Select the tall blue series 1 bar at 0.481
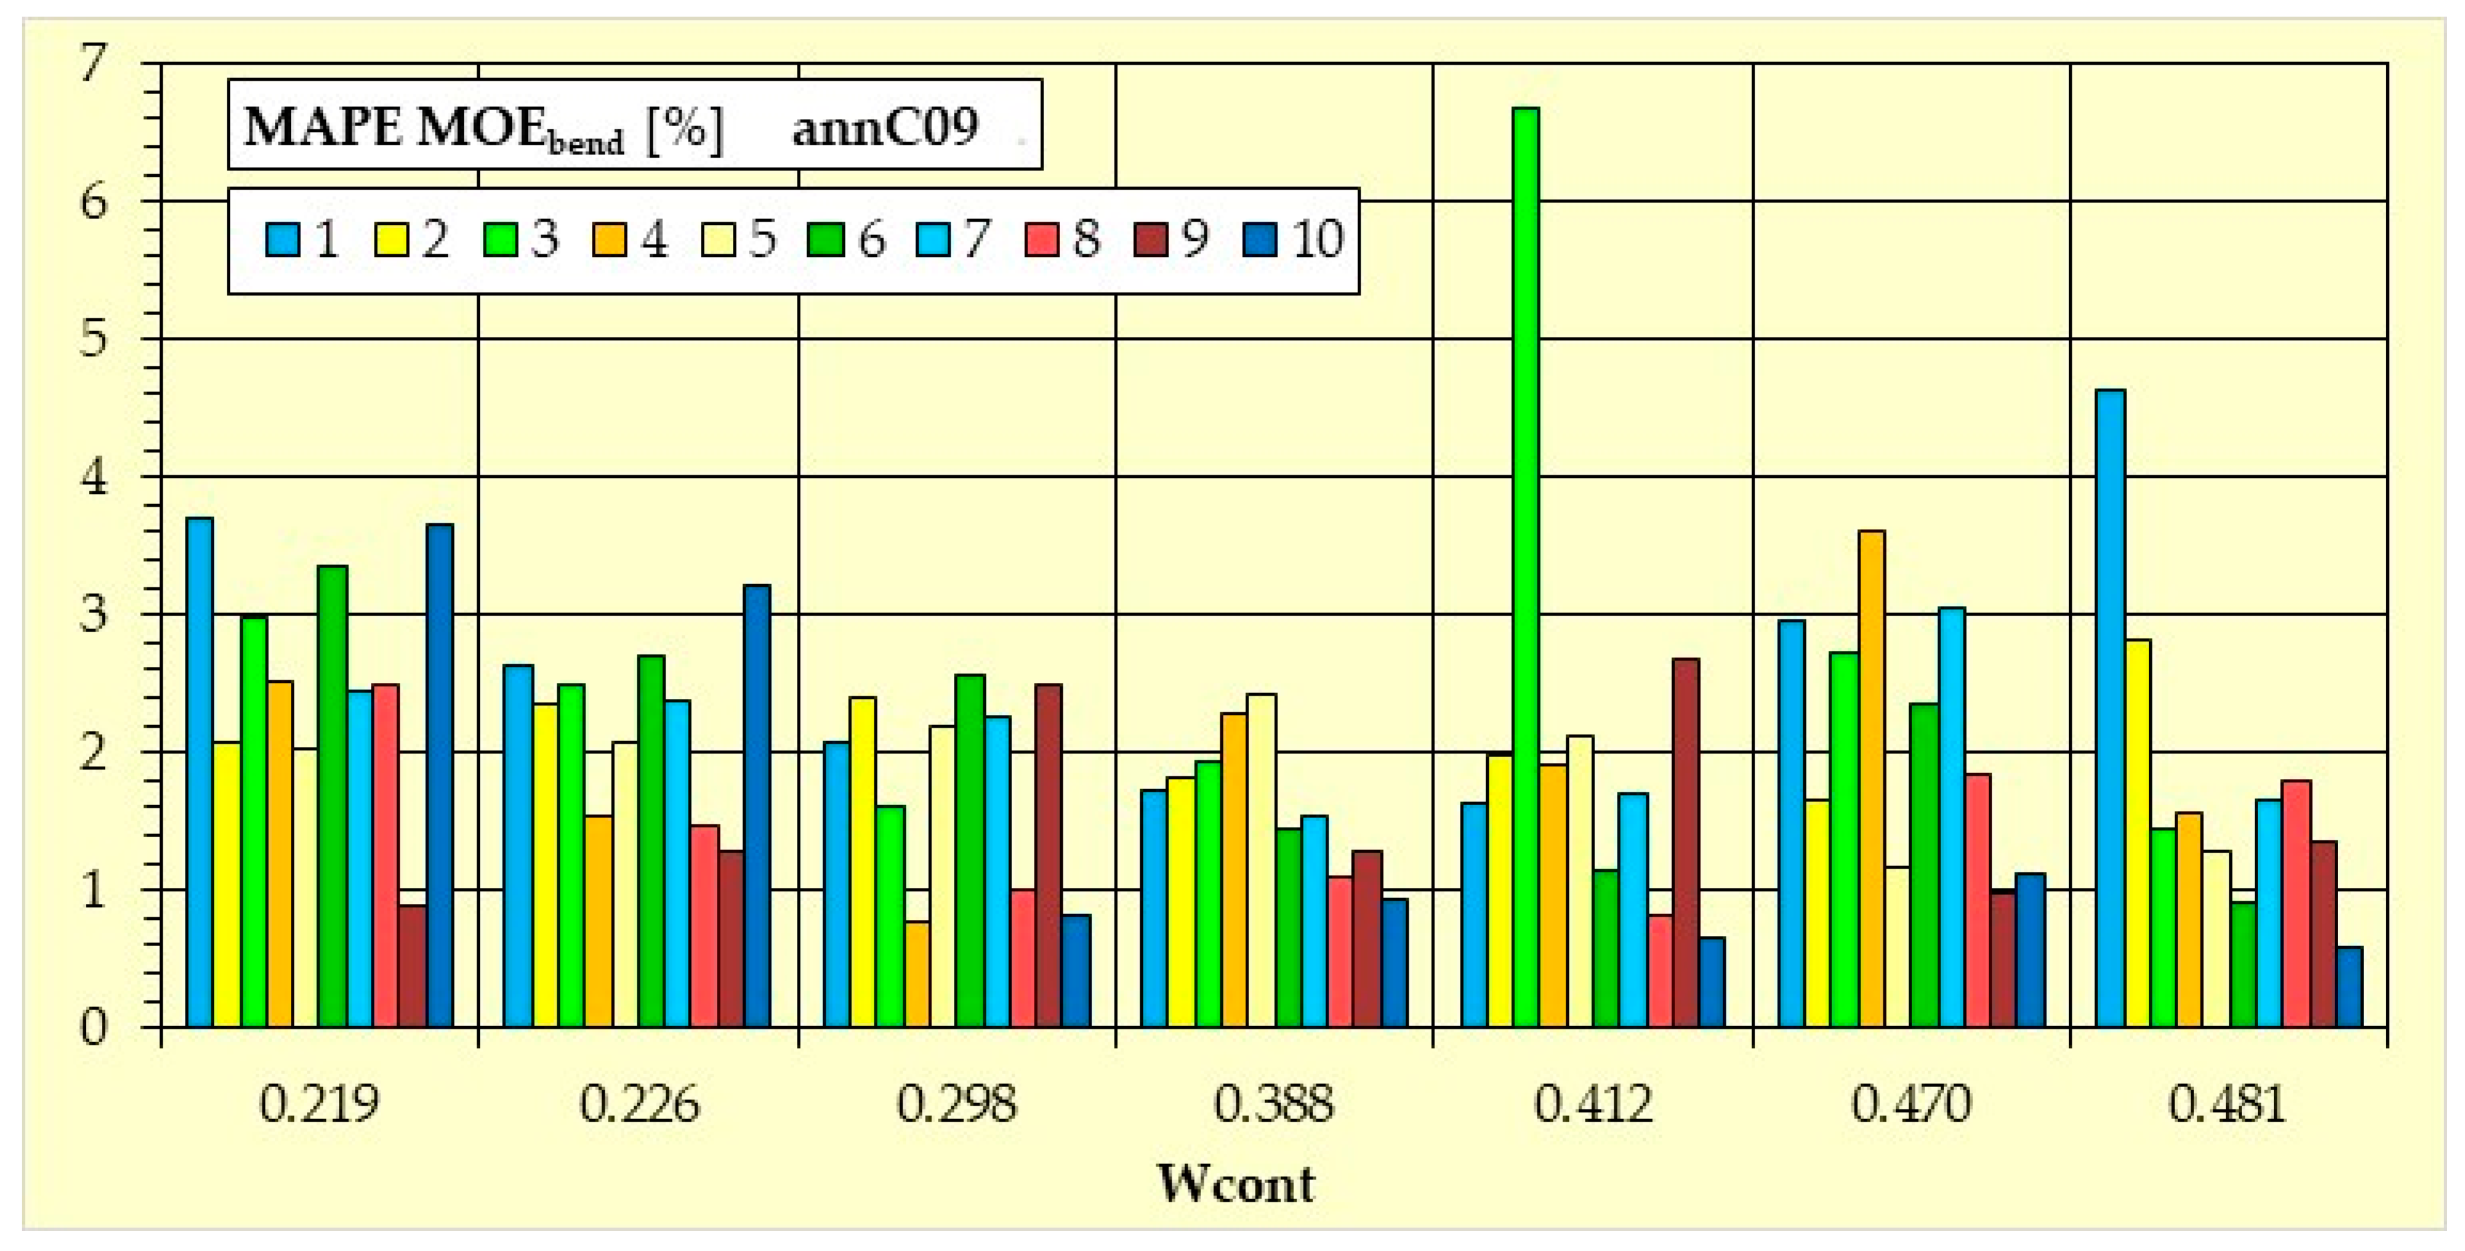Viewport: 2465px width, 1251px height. (2110, 708)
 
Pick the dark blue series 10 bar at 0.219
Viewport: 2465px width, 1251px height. (440, 775)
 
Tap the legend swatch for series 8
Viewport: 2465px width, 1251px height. (1042, 240)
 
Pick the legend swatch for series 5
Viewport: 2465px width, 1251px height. (717, 240)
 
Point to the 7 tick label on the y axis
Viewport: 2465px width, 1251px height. (93, 65)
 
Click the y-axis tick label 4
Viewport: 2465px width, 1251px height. (93, 477)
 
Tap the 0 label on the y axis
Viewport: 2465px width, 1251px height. (93, 1027)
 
